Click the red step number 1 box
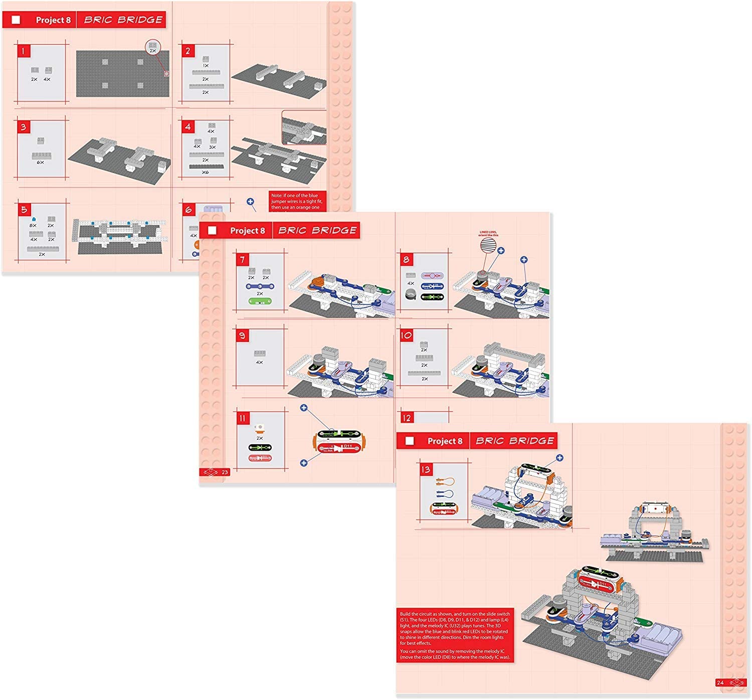click(24, 51)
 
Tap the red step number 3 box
click(24, 127)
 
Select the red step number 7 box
click(243, 260)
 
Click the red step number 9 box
click(243, 335)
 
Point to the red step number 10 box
click(406, 335)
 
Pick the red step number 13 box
click(426, 469)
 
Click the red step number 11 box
click(243, 418)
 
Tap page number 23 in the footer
click(225, 472)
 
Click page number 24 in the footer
click(720, 682)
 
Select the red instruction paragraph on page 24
click(455, 635)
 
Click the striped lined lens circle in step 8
click(488, 246)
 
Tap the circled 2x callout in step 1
click(153, 48)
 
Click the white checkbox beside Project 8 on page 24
click(410, 441)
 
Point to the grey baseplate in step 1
click(122, 74)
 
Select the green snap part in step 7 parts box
click(260, 301)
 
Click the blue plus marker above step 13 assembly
click(559, 458)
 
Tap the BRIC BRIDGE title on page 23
click(317, 230)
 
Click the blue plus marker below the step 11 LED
click(303, 463)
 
